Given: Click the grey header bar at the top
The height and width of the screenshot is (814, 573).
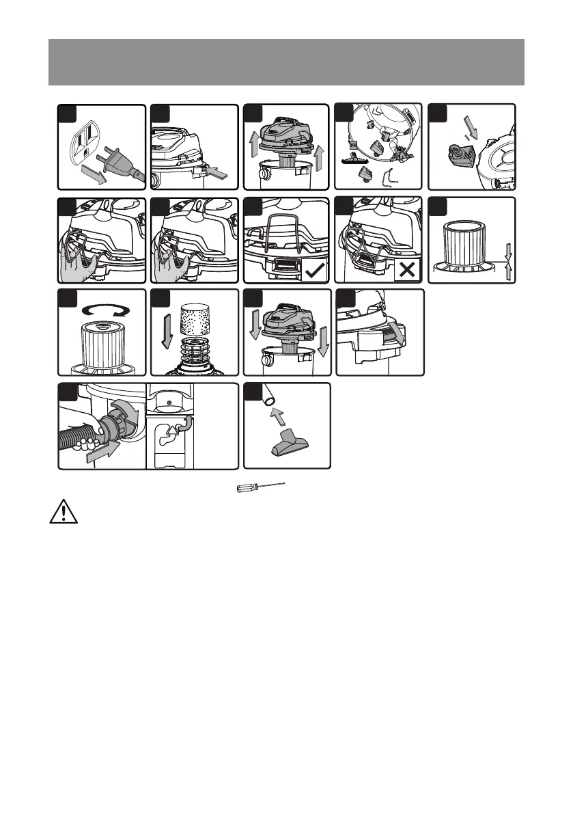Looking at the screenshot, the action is pyautogui.click(x=286, y=62).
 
